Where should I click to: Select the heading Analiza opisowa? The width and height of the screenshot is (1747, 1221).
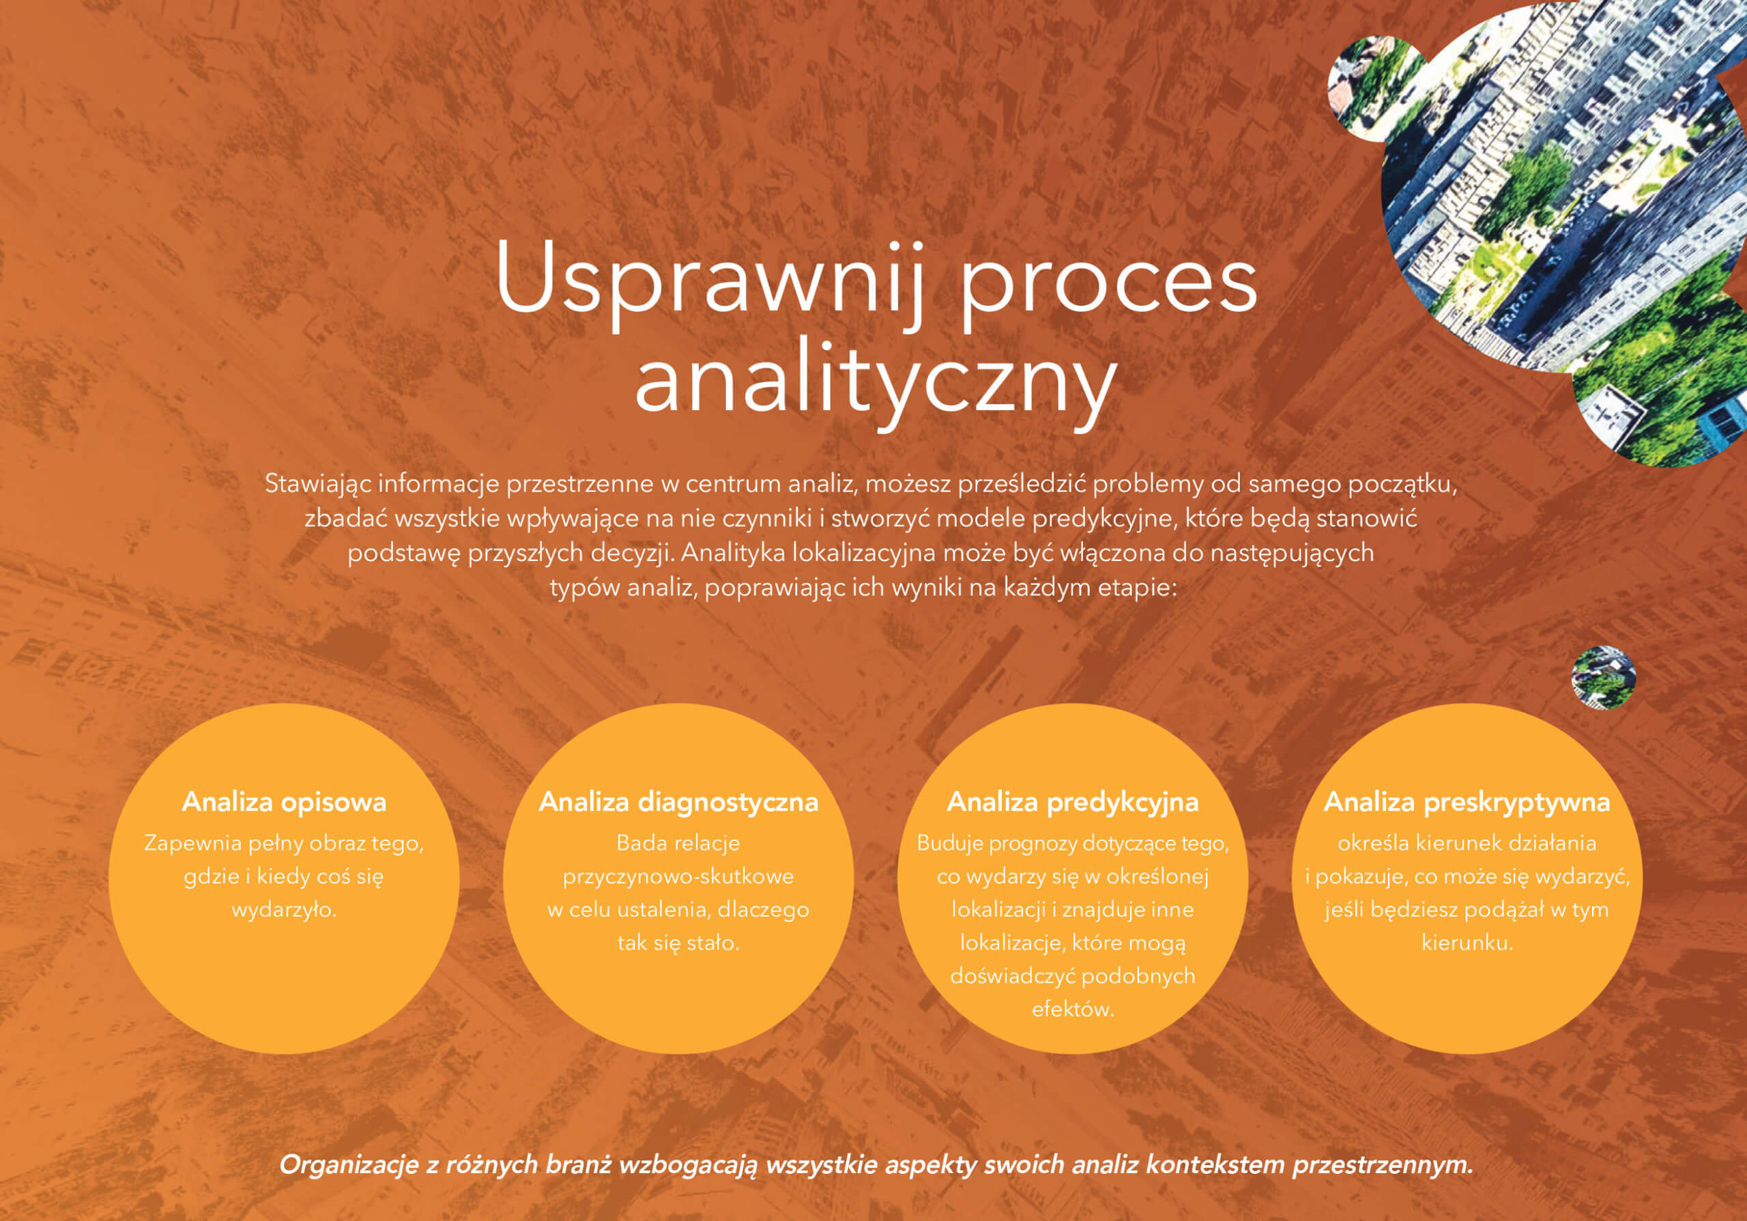[284, 803]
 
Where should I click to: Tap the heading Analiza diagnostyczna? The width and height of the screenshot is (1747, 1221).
[678, 803]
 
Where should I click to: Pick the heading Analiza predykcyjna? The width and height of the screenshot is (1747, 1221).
[1072, 803]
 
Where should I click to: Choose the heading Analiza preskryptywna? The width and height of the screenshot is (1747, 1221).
[1467, 803]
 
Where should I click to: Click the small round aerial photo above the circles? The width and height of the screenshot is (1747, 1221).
[1603, 677]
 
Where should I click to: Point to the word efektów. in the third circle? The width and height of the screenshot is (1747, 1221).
[1073, 1009]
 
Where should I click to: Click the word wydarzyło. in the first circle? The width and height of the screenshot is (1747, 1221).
[284, 910]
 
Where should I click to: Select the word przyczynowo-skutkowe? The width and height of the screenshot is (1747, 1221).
[678, 877]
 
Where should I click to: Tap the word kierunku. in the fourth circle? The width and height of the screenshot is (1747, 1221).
[1467, 943]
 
